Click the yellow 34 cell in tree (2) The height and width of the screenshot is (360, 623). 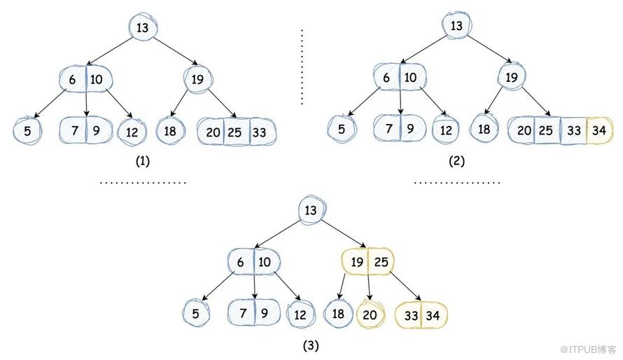pos(600,130)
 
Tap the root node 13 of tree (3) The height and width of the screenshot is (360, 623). pos(311,210)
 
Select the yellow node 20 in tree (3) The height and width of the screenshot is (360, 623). pos(370,314)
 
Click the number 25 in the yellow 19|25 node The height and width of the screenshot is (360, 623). pos(381,262)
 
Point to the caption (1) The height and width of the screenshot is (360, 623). pos(143,161)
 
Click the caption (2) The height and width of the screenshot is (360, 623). pos(456,161)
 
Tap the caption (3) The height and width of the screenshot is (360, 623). pos(311,346)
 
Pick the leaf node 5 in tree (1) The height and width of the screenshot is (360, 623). pos(27,131)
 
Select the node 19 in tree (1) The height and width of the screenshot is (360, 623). pos(197,79)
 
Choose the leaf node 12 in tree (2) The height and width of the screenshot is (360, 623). pos(446,130)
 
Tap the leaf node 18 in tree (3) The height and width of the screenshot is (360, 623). pos(337,314)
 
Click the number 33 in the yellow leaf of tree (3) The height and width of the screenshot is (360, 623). pos(411,315)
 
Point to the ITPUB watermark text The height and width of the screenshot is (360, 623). pos(588,349)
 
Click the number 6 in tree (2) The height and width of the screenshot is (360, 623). pos(386,78)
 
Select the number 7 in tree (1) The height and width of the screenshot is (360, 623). pos(75,130)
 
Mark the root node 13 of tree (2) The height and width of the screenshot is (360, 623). pos(456,25)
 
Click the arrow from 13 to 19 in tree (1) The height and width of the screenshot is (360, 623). pos(175,51)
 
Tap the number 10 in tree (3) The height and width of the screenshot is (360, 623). pos(264,262)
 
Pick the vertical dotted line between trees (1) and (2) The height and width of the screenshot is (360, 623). pos(302,67)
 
